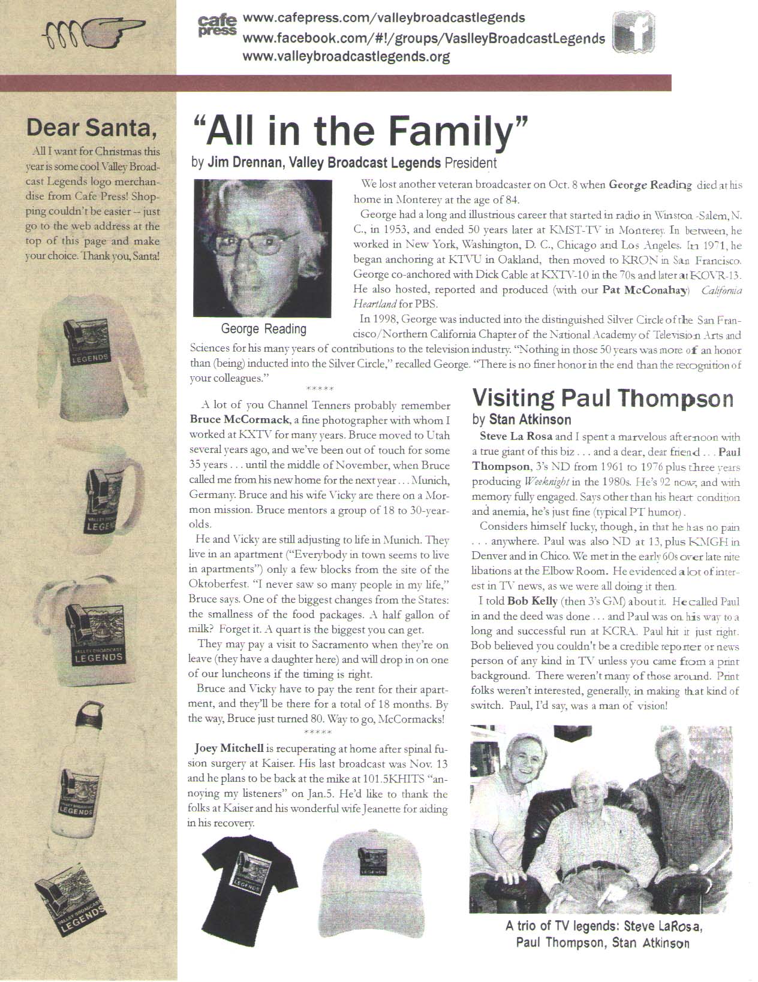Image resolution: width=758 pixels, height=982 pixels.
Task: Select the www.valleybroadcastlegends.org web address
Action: [x=346, y=57]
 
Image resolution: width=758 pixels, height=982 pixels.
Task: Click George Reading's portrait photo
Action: [x=262, y=248]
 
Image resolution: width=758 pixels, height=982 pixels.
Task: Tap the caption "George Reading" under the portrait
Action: [x=263, y=328]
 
